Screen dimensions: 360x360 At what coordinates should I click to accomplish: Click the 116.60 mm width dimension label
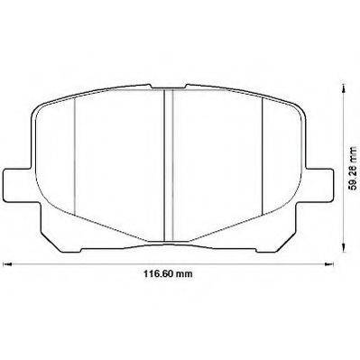(168, 274)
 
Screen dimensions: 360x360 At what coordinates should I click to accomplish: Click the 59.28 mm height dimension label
(352, 169)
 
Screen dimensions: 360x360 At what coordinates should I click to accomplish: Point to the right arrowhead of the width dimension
(330, 264)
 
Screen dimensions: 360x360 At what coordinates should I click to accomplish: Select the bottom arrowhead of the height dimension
(343, 247)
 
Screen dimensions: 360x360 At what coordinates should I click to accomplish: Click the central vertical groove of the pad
(169, 165)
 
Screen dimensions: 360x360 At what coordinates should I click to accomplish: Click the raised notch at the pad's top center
(169, 87)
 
